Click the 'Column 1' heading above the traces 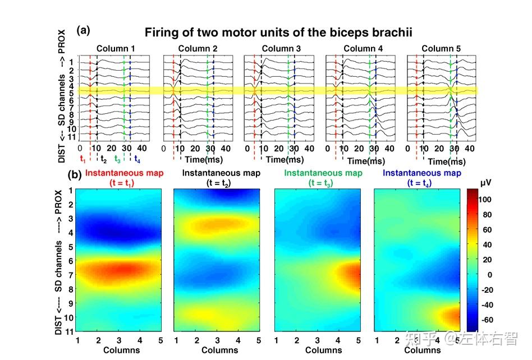[116, 48]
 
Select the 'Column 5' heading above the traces [441, 48]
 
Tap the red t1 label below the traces [83, 159]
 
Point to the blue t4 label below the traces [137, 159]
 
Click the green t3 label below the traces [117, 159]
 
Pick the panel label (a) [83, 30]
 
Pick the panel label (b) [75, 175]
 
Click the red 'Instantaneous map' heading [124, 173]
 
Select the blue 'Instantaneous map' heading [422, 173]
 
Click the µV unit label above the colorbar [485, 183]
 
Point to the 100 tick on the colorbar [485, 199]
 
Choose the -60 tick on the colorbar [487, 320]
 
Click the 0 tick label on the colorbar [489, 275]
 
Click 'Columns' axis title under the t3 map [323, 350]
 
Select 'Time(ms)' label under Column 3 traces [285, 159]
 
